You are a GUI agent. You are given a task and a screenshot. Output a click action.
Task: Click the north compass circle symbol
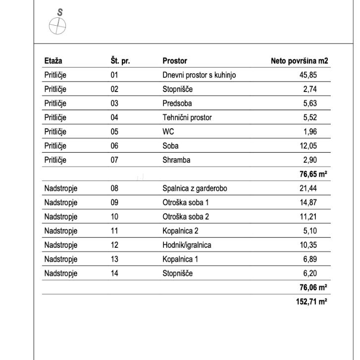click(x=58, y=26)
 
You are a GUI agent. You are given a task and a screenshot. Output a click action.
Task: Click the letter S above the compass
click(x=60, y=12)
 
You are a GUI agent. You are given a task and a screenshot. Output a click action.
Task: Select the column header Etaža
click(x=53, y=61)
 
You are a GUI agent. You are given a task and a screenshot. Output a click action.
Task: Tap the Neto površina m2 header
click(x=299, y=61)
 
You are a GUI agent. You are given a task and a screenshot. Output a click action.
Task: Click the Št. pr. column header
click(x=120, y=61)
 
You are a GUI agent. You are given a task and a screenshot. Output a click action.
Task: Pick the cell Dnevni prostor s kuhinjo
click(x=199, y=76)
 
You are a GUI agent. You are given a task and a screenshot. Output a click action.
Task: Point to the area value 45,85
click(x=307, y=76)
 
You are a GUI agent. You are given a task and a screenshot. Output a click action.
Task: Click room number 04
click(x=114, y=118)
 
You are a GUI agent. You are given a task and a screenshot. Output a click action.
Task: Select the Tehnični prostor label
click(x=187, y=118)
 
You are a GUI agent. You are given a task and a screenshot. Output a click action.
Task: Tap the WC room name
click(x=168, y=132)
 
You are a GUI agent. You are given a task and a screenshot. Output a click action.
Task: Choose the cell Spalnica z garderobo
click(x=195, y=188)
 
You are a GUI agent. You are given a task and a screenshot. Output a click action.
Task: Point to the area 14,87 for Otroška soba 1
click(x=307, y=203)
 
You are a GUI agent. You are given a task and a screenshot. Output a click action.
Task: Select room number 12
click(x=114, y=245)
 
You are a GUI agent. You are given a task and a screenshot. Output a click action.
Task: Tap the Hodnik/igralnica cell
click(x=187, y=245)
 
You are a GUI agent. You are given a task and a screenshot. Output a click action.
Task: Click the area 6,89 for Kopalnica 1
click(x=309, y=259)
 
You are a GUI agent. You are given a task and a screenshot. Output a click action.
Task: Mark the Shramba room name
click(x=176, y=160)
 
